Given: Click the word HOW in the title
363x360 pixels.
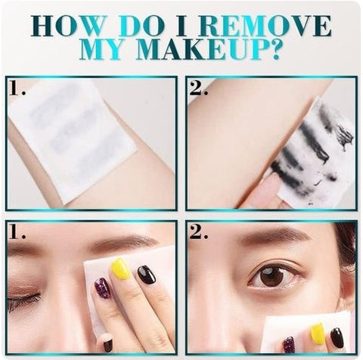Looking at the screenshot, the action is pos(68,26).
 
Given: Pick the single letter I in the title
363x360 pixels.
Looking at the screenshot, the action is pos(182,26).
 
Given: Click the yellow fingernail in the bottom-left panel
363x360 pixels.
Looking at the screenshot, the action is pos(121,268).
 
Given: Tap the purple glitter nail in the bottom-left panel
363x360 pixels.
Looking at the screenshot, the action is pos(103,288).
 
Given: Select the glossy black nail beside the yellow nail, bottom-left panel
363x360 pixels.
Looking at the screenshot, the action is pos(147,275).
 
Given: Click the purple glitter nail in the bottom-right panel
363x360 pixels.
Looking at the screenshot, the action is pos(289,344).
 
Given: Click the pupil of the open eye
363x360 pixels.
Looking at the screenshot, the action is pos(271,276).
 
